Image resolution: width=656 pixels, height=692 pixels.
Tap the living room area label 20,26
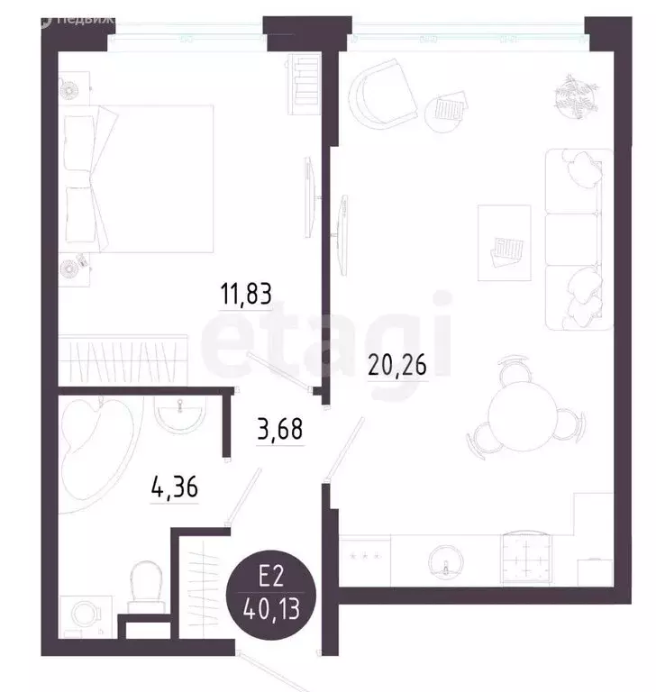396,365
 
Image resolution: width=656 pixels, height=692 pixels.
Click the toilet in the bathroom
145,580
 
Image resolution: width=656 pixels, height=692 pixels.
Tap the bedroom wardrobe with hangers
123,360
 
